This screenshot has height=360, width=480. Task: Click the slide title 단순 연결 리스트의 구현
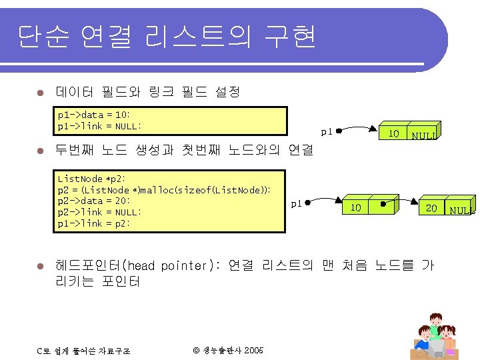tap(167, 37)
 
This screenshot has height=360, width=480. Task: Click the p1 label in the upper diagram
tap(326, 131)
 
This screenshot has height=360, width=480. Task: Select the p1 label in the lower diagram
tap(297, 203)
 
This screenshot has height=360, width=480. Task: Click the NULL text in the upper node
tap(424, 136)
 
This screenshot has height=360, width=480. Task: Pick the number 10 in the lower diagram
tap(356, 207)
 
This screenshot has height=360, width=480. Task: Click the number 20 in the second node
tap(431, 208)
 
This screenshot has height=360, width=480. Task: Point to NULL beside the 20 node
tap(462, 211)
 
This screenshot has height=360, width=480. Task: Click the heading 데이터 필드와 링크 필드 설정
tap(147, 91)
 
